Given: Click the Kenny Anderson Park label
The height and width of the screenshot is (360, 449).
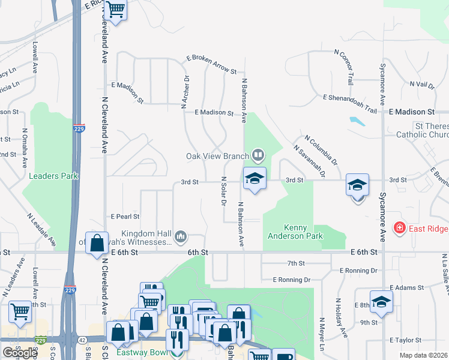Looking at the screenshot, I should point(303,232).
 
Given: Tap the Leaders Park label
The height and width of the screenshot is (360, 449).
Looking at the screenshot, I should point(53,176).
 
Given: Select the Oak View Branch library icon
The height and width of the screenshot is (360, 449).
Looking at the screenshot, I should point(258,156).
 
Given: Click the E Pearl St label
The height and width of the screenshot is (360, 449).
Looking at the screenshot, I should point(125,217).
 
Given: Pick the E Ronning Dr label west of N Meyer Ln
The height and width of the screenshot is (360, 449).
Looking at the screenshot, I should point(291,280).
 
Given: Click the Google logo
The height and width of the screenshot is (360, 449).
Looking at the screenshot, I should point(20,353).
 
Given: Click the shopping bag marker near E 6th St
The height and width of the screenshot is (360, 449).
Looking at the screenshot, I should point(97,244).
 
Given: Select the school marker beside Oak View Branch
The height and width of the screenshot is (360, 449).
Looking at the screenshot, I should point(255,179).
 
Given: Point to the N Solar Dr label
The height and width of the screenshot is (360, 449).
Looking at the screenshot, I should point(223,192).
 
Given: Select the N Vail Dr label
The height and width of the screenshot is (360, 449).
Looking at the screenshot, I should point(422,85).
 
